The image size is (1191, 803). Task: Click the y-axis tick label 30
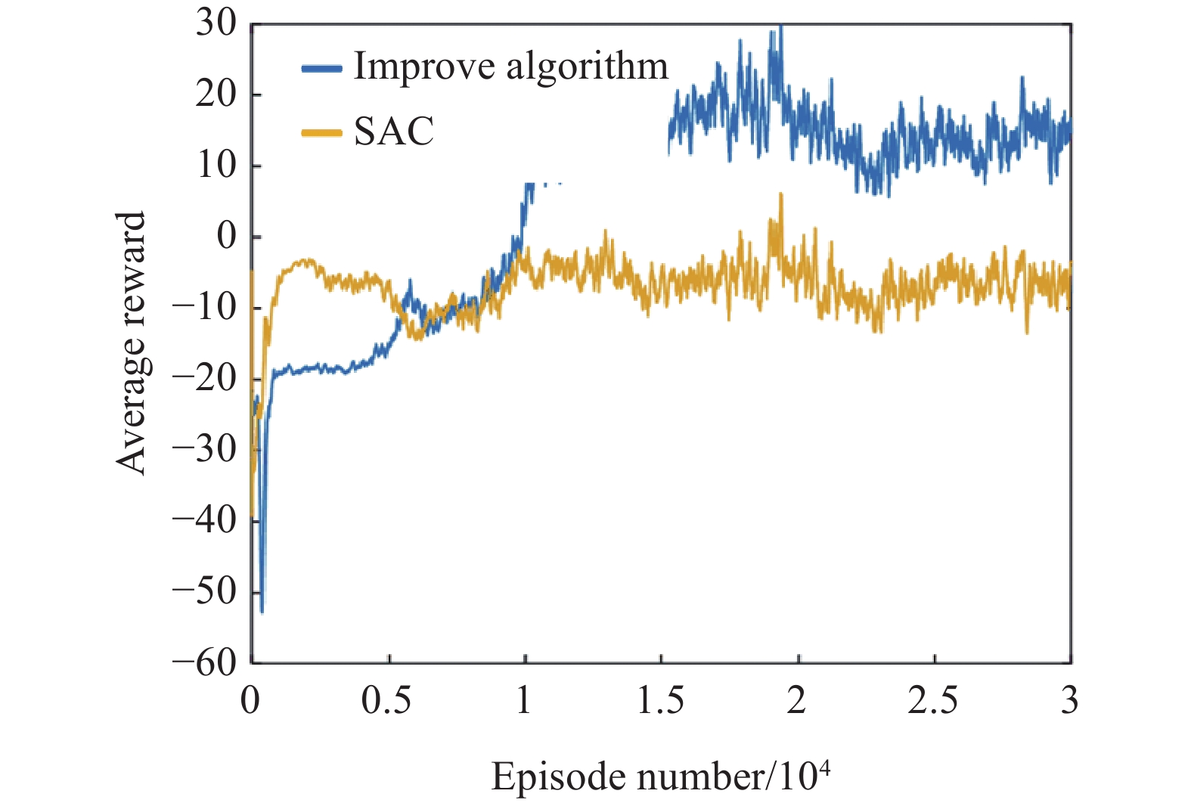point(216,23)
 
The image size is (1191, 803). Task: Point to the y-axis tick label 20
point(216,95)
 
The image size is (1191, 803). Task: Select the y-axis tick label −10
point(205,308)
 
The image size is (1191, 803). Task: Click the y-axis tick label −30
point(205,449)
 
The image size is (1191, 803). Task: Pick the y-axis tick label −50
point(205,591)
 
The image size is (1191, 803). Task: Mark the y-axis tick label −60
point(205,662)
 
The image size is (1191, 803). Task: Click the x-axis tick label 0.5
point(386,701)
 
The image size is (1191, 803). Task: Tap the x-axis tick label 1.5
point(660,701)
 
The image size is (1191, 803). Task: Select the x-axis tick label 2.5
point(932,701)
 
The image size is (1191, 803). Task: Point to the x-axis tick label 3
point(1069,701)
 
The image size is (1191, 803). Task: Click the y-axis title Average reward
point(131,343)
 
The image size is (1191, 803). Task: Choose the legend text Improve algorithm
point(511,67)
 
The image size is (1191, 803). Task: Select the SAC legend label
point(394,132)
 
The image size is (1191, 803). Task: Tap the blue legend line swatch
point(322,68)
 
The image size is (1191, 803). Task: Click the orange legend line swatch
point(322,133)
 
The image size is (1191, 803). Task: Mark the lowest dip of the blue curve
point(262,611)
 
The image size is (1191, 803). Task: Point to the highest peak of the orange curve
point(780,195)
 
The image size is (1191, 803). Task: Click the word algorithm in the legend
point(588,67)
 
